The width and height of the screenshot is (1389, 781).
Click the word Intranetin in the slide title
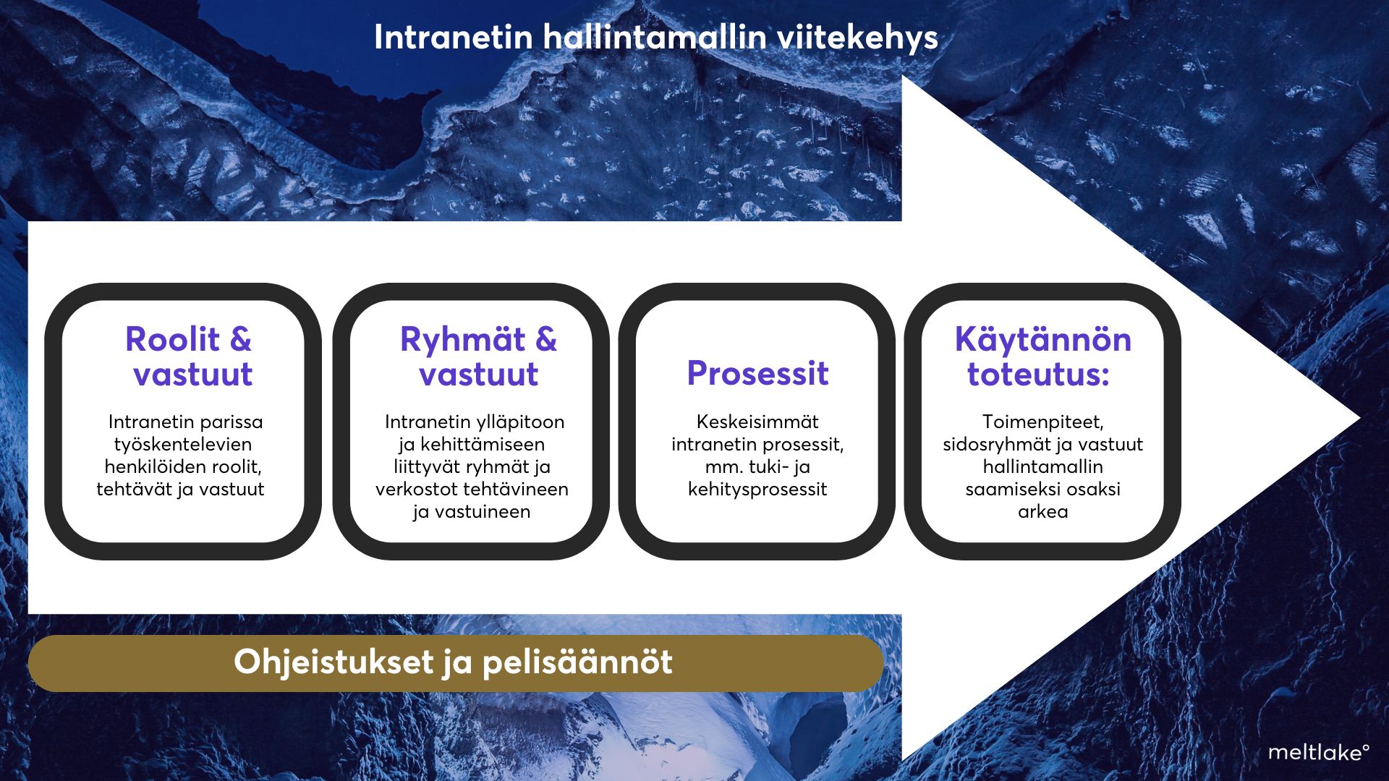click(454, 38)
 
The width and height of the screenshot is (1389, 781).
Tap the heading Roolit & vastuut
click(189, 357)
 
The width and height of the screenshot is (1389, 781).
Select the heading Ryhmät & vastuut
click(478, 357)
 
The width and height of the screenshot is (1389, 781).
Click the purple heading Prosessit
click(757, 373)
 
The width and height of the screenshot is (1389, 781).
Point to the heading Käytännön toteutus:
click(1042, 357)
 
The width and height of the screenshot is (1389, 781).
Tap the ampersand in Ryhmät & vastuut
click(546, 339)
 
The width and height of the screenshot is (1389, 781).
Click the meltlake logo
click(1318, 753)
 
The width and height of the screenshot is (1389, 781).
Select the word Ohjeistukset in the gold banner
click(333, 662)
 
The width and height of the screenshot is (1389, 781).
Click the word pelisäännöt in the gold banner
click(577, 662)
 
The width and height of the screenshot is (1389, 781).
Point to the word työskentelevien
click(183, 444)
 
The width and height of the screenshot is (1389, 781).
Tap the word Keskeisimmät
click(757, 422)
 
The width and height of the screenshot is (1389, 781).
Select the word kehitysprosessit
click(757, 490)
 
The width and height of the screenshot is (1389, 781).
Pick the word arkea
click(1042, 512)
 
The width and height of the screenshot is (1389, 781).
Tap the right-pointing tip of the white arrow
click(1359, 418)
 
